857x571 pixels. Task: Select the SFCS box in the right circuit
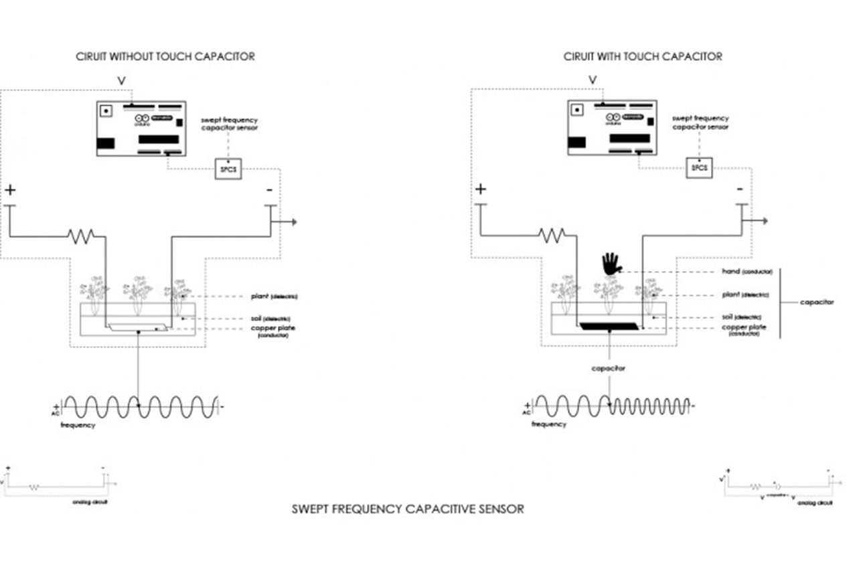[699, 167]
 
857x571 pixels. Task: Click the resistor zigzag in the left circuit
[80, 235]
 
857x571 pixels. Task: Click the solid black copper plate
[610, 326]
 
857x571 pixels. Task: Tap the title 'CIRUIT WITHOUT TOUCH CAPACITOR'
[165, 56]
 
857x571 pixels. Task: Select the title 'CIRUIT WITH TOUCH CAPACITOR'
[643, 56]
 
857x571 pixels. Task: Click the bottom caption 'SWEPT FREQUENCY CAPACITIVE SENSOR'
[408, 509]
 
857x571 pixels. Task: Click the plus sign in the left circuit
[10, 190]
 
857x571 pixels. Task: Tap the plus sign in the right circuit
[480, 189]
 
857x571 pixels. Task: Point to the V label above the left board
[121, 80]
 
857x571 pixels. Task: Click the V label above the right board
[592, 80]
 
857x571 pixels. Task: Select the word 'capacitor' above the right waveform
[608, 368]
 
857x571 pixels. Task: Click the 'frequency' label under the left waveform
[78, 425]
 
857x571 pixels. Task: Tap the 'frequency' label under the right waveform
[549, 424]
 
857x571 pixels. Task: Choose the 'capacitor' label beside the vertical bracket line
[817, 302]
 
